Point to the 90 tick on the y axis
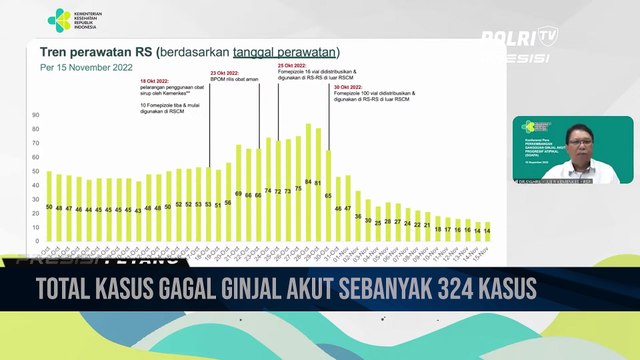pyautogui.click(x=36, y=115)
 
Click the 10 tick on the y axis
pyautogui.click(x=36, y=227)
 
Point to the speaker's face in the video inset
pyautogui.click(x=579, y=139)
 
